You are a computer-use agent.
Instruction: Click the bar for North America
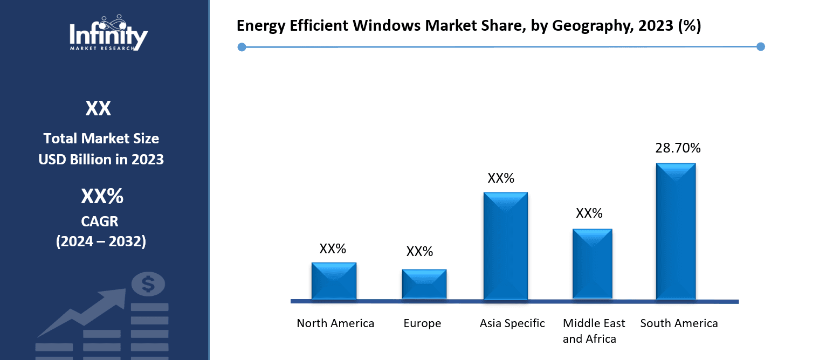point(334,281)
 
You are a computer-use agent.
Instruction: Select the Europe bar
point(424,284)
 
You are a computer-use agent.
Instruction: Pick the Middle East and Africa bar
point(592,264)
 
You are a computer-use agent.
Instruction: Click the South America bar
point(676,231)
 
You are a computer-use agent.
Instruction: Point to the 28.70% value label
point(678,148)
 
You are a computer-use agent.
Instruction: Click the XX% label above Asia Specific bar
point(501,178)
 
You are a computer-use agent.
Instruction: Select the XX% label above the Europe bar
point(419,252)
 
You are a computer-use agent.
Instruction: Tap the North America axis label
point(335,323)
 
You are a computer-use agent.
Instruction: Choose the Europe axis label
point(422,323)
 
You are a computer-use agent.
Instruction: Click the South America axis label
point(679,323)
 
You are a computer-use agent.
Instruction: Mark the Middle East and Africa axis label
point(594,331)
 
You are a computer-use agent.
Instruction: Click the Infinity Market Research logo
point(108,33)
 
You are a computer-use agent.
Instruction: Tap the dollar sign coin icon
point(148,283)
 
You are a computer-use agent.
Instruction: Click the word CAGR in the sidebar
point(101,221)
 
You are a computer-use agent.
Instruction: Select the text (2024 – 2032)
point(101,241)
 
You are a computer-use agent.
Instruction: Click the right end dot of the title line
point(760,47)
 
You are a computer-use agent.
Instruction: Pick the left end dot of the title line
point(242,47)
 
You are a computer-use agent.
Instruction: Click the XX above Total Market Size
point(98,109)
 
